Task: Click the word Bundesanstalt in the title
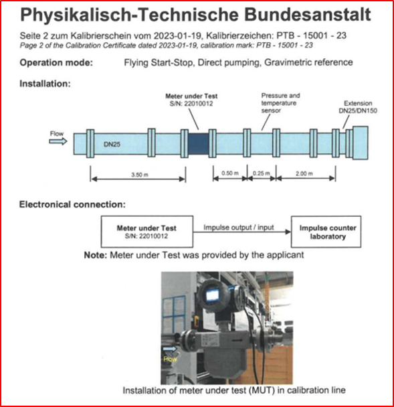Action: click(x=307, y=14)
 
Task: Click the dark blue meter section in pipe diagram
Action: click(x=199, y=144)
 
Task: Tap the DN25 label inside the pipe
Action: click(x=112, y=145)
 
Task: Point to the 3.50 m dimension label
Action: click(x=140, y=175)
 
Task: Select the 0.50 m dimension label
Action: click(x=230, y=173)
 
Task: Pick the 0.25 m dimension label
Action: click(x=261, y=173)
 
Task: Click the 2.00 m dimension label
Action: click(x=304, y=173)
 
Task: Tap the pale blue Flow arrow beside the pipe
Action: click(x=58, y=141)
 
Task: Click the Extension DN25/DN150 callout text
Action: click(x=358, y=107)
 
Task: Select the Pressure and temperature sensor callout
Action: click(x=280, y=103)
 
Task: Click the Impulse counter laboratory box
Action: click(x=326, y=232)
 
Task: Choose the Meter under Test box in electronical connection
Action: click(x=146, y=232)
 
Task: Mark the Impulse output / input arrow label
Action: click(x=238, y=228)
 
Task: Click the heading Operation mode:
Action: click(x=56, y=63)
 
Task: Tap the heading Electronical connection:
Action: click(x=72, y=205)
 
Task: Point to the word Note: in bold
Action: click(x=95, y=255)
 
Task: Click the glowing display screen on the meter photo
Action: click(x=212, y=295)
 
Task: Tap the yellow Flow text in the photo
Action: click(x=170, y=359)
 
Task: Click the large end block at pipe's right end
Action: click(x=360, y=143)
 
